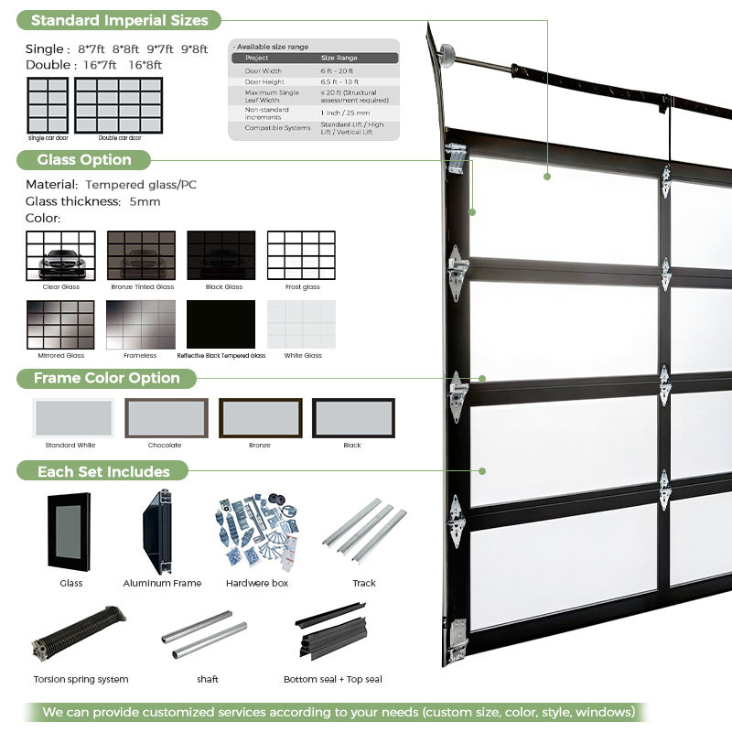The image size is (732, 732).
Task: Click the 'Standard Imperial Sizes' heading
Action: click(120, 19)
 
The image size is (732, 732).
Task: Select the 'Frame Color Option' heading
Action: click(106, 378)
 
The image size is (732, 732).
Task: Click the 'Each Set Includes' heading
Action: click(103, 471)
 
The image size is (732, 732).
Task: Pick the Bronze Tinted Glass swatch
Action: click(141, 254)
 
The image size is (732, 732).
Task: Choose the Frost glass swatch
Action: click(301, 254)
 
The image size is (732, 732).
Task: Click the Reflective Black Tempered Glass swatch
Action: click(221, 324)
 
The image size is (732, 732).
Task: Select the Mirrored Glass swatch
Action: click(60, 324)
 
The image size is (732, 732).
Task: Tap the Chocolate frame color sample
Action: click(166, 418)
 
